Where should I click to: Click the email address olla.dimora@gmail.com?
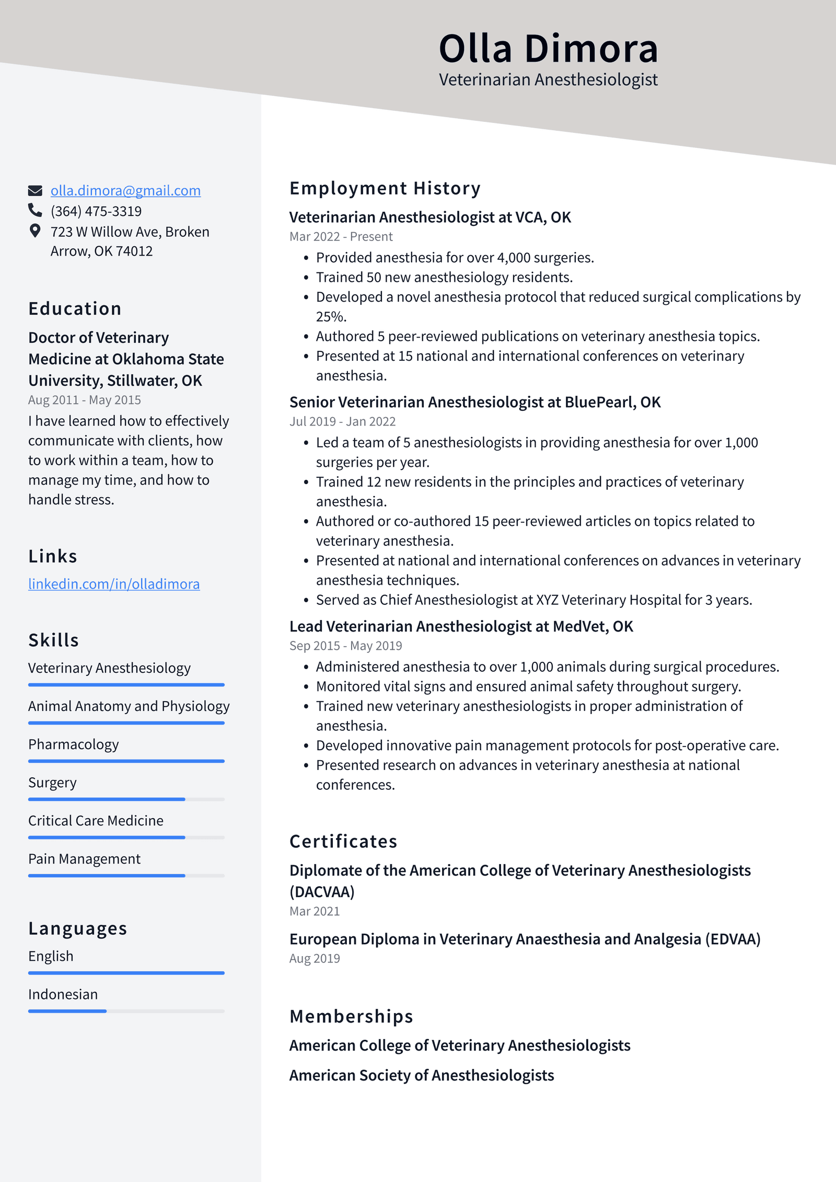(x=125, y=190)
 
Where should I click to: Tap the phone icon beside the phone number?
(x=35, y=210)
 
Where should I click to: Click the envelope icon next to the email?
(x=35, y=190)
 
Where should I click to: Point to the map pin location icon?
(x=35, y=231)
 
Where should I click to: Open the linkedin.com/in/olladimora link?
(x=114, y=583)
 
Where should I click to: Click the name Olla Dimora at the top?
(x=548, y=49)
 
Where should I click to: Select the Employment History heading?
(x=385, y=188)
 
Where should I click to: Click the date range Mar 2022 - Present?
(x=341, y=236)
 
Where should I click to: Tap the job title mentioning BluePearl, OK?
(x=474, y=402)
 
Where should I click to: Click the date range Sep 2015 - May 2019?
(x=345, y=646)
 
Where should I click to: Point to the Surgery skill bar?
(x=126, y=799)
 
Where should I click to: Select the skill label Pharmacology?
(x=74, y=744)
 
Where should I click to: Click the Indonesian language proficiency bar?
(x=126, y=1011)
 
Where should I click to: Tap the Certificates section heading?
(x=343, y=841)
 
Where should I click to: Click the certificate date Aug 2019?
(x=315, y=958)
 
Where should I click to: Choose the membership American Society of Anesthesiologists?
(x=421, y=1075)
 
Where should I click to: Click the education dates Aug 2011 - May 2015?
(x=85, y=400)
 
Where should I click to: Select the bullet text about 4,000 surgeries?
(x=455, y=258)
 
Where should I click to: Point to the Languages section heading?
(x=77, y=928)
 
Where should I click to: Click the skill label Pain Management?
(x=84, y=859)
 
